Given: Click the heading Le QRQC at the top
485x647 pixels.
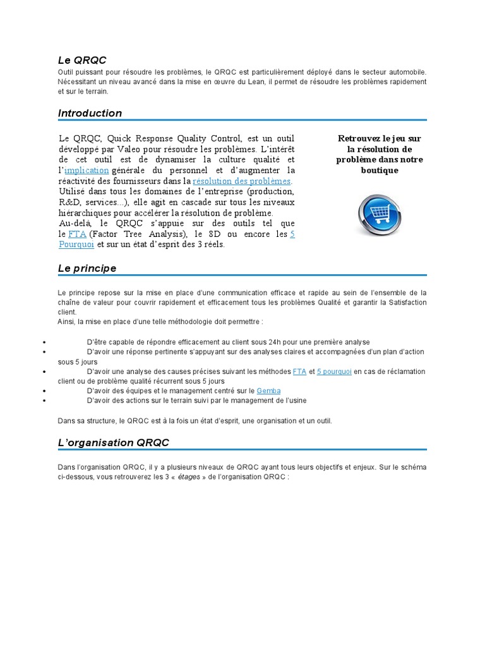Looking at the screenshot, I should pos(82,60).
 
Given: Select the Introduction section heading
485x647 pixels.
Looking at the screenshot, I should pos(90,113).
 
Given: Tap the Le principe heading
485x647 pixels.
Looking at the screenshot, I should pos(87,269).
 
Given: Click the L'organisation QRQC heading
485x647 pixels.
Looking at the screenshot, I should pos(114,443).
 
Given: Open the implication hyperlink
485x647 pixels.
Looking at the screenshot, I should pos(87,171).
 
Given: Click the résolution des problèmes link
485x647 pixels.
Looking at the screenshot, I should pos(237,181).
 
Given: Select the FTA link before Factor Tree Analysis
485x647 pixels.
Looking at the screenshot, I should pos(77,234).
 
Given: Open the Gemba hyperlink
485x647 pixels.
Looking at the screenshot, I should pos(269,391).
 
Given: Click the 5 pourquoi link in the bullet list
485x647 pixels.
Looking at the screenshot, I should pos(334,372).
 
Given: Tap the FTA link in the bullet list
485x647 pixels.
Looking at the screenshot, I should pos(299,372).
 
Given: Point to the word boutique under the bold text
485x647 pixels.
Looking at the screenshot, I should pos(379,171).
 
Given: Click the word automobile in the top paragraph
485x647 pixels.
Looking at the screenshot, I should pos(407,73).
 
